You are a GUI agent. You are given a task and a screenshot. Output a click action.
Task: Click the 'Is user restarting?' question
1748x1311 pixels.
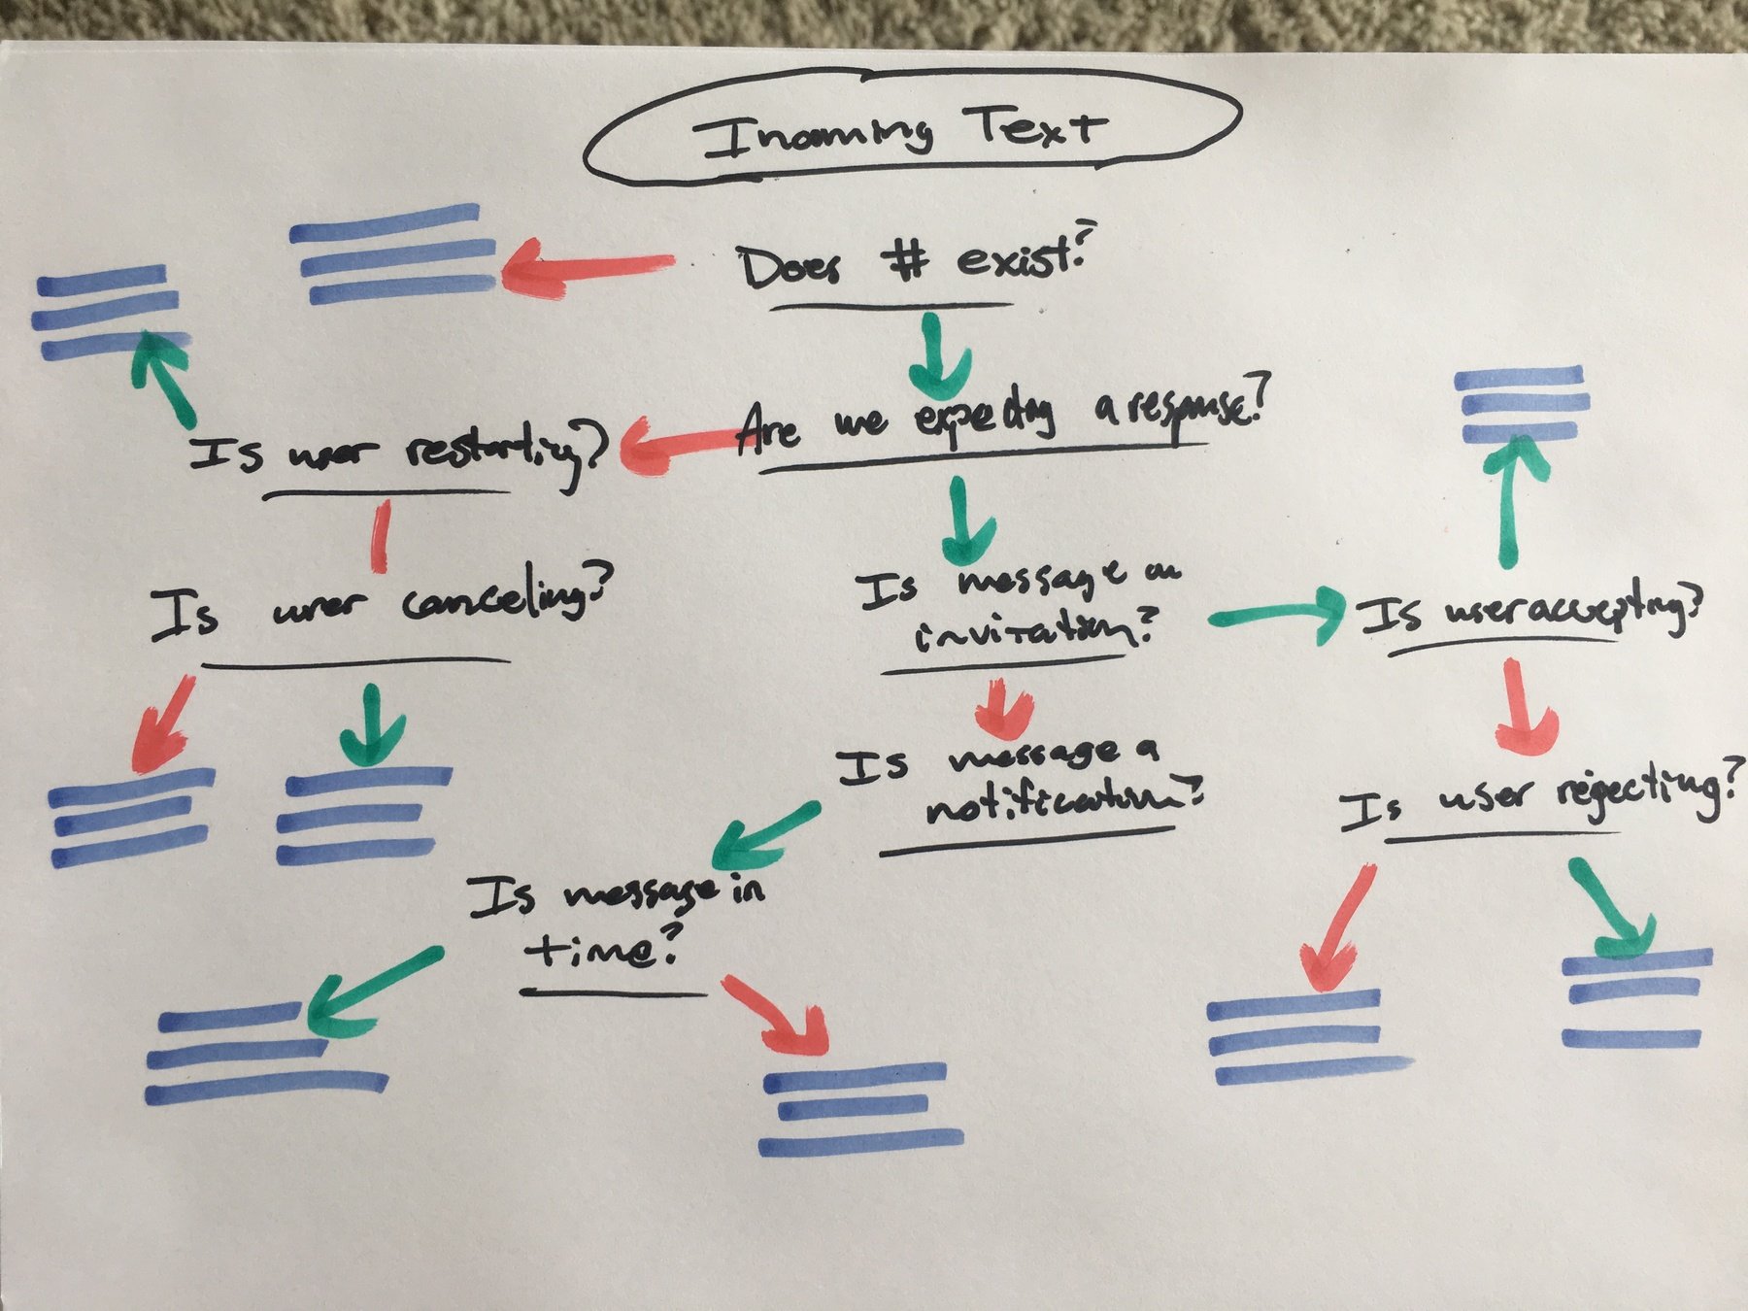(398, 453)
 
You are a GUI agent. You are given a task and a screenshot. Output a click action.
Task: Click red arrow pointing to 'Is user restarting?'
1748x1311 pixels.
(680, 447)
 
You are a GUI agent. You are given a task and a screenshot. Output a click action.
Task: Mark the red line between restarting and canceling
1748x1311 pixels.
(381, 535)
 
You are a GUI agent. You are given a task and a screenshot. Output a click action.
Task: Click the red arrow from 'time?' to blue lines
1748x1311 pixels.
(778, 1014)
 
